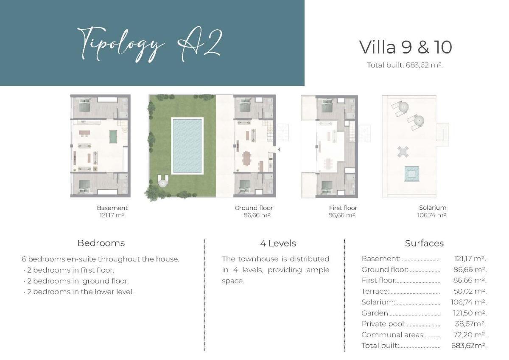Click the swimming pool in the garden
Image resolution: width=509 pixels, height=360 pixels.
187,146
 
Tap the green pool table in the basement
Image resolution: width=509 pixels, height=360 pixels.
114,136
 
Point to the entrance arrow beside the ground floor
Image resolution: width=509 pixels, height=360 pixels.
279,149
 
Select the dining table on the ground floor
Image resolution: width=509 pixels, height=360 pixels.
246,158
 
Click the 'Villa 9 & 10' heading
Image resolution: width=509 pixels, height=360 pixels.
406,47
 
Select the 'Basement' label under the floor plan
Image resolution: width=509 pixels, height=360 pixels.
112,208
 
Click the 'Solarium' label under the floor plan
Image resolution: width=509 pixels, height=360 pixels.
432,208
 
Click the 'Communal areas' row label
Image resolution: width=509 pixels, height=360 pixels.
393,335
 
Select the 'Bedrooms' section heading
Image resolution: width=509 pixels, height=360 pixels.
101,243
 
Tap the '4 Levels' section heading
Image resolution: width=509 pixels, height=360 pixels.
278,243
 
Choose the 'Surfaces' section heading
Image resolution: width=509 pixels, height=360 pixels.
424,243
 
